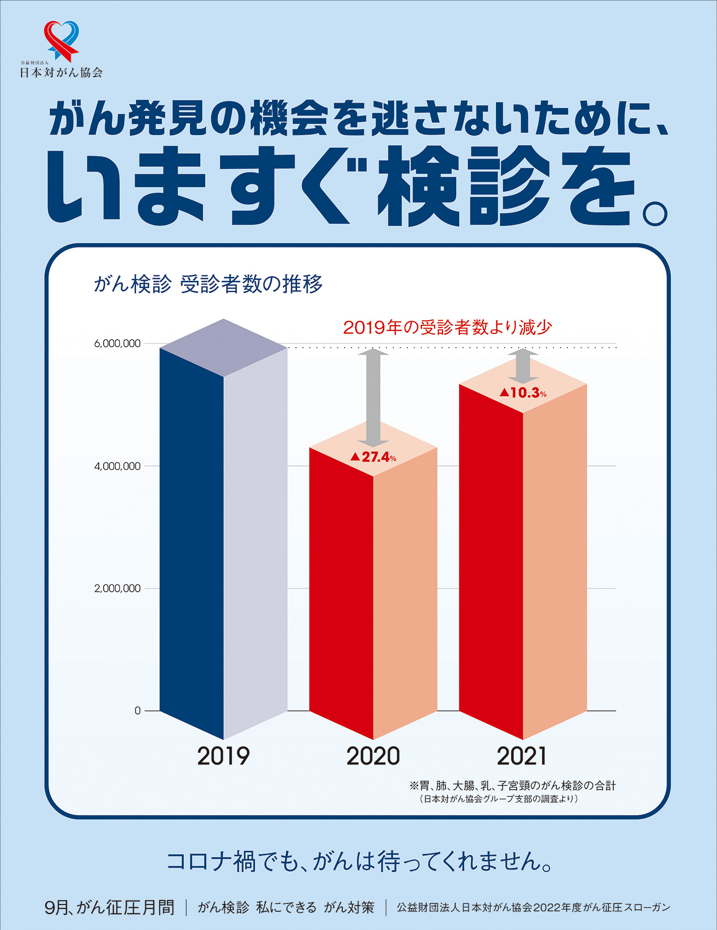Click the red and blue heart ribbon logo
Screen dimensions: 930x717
click(61, 40)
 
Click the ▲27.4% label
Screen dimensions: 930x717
click(373, 458)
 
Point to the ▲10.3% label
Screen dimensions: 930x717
click(523, 393)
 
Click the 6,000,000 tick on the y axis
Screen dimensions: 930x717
click(117, 344)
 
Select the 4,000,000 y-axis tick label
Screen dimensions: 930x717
click(117, 466)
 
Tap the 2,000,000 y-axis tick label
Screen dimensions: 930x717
click(117, 588)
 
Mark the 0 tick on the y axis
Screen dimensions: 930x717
click(138, 711)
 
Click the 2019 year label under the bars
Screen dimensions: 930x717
click(223, 756)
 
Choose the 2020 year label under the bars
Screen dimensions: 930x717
click(373, 756)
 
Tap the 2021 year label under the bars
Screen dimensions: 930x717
click(522, 756)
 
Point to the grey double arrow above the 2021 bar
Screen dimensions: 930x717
click(523, 366)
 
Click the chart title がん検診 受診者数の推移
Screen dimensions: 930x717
click(208, 284)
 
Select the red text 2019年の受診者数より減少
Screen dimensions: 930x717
click(448, 328)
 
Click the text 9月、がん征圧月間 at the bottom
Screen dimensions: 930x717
click(109, 907)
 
